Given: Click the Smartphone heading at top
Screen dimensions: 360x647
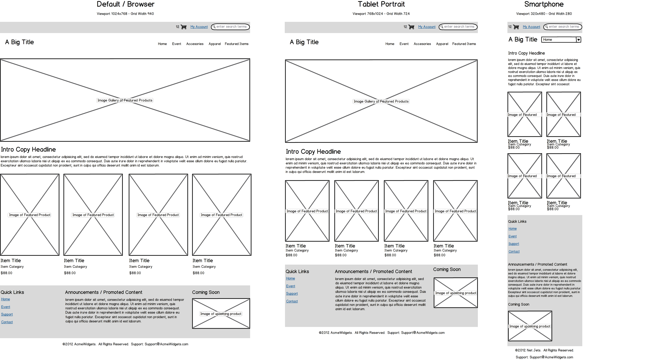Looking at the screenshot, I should pyautogui.click(x=544, y=4).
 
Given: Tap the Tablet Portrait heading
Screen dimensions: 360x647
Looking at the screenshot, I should pyautogui.click(x=381, y=4).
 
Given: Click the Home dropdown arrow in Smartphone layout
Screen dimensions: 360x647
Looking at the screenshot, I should pyautogui.click(x=578, y=40).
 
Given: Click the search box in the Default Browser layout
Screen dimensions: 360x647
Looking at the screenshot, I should pyautogui.click(x=231, y=27).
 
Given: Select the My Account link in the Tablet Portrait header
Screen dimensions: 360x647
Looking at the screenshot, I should pyautogui.click(x=427, y=27).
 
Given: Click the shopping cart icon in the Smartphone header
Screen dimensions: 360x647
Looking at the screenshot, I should pyautogui.click(x=516, y=27).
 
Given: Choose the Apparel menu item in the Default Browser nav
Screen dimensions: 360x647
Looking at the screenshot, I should pyautogui.click(x=214, y=44).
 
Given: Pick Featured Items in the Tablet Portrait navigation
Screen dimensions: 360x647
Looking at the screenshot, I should pyautogui.click(x=464, y=44).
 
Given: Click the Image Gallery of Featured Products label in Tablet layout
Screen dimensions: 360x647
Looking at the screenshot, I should pyautogui.click(x=381, y=102).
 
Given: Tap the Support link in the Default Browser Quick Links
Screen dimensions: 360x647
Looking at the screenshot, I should pyautogui.click(x=7, y=314).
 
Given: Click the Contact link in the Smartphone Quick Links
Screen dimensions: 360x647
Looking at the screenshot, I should pyautogui.click(x=514, y=252).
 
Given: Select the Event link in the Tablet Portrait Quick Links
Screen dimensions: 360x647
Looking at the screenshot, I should pyautogui.click(x=290, y=286).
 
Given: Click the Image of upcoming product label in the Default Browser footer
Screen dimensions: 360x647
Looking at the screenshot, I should pyautogui.click(x=221, y=314).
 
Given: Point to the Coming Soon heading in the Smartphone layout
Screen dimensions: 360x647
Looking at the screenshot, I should pyautogui.click(x=518, y=304).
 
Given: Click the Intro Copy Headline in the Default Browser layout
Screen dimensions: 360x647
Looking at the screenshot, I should pyautogui.click(x=28, y=149).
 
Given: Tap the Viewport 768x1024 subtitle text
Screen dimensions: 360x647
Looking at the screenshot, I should pyautogui.click(x=381, y=14).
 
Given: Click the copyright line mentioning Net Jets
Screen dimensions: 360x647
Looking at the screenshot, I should pyautogui.click(x=544, y=350).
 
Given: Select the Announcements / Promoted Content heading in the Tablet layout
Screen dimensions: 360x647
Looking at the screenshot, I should pyautogui.click(x=373, y=272).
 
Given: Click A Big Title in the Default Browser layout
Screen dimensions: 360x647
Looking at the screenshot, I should pyautogui.click(x=19, y=42).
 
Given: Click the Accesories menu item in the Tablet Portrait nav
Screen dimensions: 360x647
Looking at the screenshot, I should pyautogui.click(x=422, y=44).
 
